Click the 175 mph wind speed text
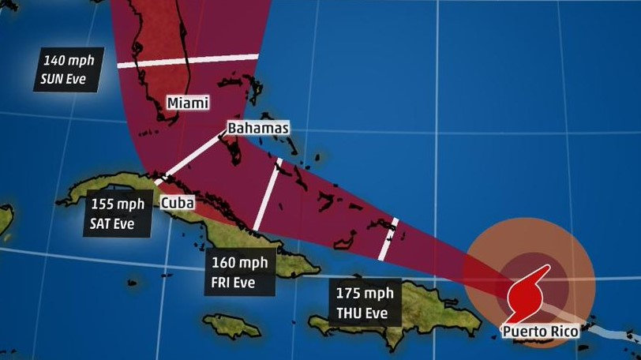tap(365, 294)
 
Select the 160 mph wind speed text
tap(239, 264)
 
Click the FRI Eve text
tap(239, 282)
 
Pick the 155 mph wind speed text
tap(118, 204)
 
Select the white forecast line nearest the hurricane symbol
tap(388, 238)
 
